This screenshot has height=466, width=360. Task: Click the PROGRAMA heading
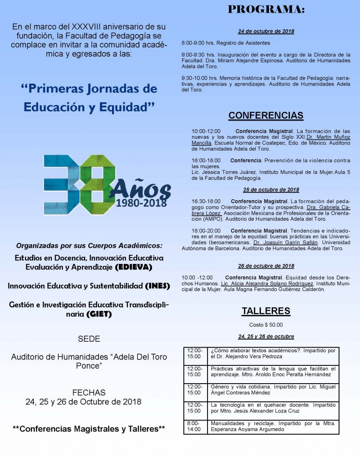point(266,10)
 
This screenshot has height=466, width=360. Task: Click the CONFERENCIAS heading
point(266,116)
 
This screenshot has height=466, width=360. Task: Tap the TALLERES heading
point(266,311)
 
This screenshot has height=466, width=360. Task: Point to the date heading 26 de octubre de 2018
point(266,266)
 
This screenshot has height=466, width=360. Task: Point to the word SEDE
point(89,339)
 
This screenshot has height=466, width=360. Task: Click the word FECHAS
point(89,392)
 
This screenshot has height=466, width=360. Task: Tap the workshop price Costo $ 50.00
point(266,325)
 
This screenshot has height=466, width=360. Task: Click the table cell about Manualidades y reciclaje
point(273,426)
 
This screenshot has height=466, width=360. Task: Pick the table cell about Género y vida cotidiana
point(273,390)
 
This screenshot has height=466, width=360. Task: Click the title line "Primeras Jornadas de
point(89,88)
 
